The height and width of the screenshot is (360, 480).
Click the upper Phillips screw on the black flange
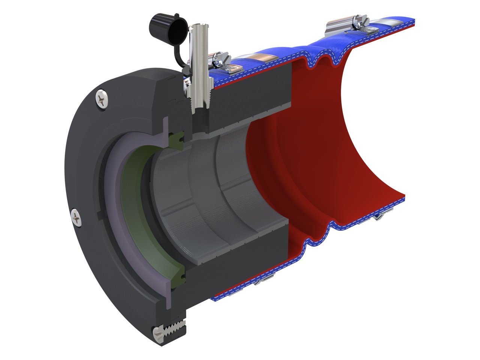point(102,99)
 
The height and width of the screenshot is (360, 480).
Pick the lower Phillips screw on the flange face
point(76,217)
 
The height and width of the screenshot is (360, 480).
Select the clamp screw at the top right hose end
point(360,19)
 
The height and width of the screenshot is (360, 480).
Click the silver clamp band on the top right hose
point(337,27)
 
